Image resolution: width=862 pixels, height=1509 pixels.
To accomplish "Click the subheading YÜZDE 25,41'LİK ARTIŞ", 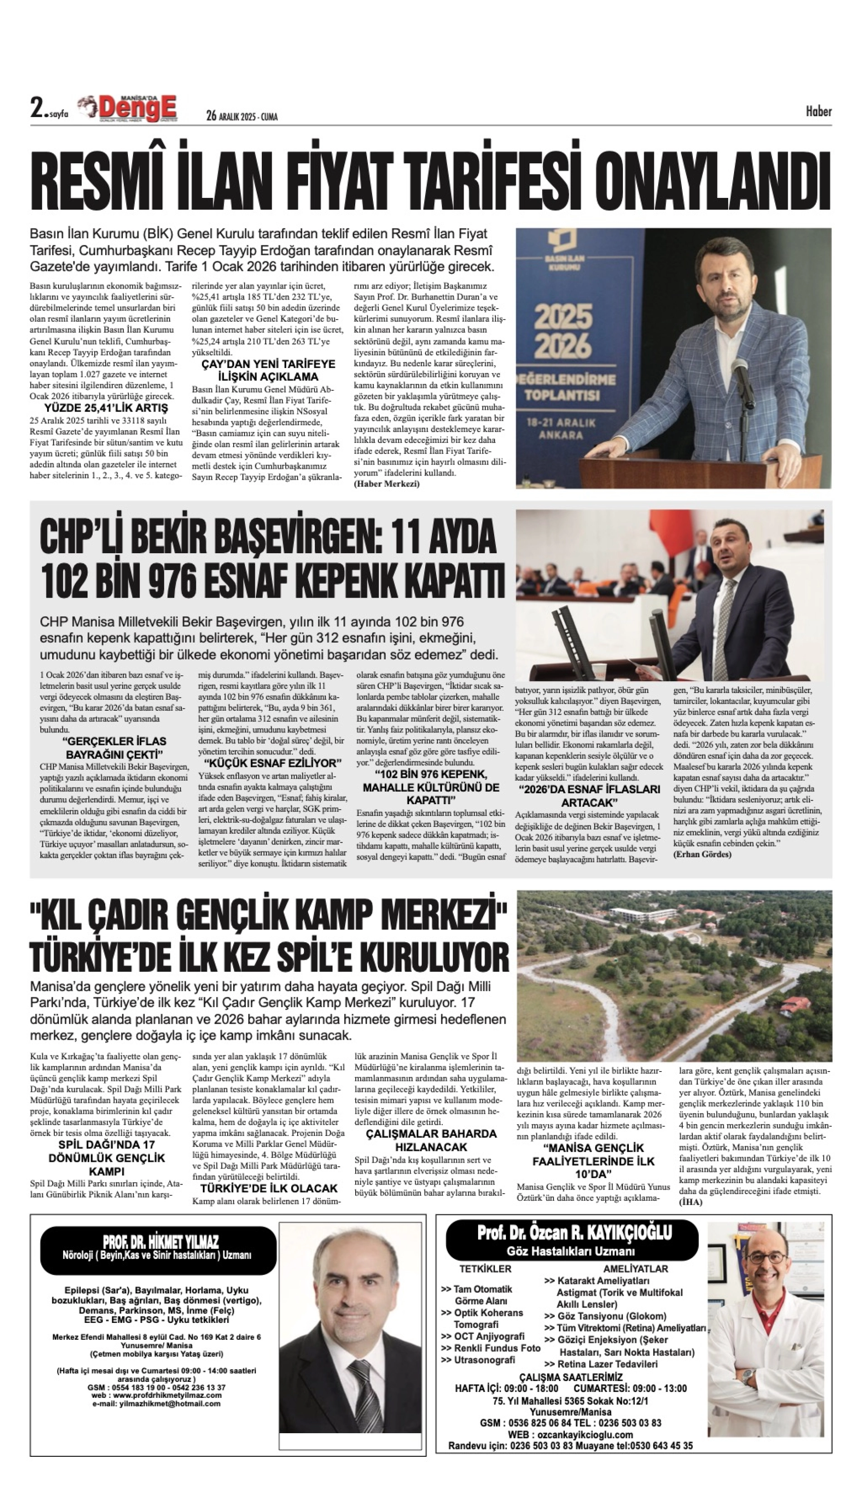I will [x=106, y=408].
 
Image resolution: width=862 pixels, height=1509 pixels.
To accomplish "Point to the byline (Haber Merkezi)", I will [x=387, y=484].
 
